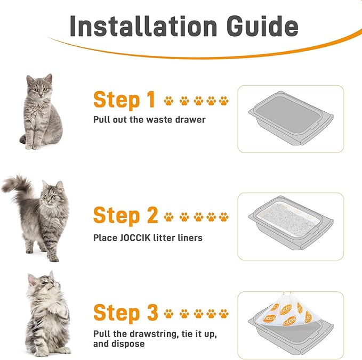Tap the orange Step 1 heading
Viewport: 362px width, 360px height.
tap(124, 100)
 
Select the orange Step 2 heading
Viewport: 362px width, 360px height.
tap(125, 216)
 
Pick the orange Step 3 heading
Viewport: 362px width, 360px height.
tap(125, 313)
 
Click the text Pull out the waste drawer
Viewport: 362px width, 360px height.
tap(149, 119)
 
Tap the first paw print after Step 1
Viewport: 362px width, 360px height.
tap(169, 100)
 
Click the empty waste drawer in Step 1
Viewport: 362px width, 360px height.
tap(290, 120)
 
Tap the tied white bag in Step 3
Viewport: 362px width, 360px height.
tap(288, 317)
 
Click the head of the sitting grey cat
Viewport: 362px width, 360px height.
tap(40, 85)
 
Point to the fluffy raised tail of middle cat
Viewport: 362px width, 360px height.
tap(16, 186)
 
